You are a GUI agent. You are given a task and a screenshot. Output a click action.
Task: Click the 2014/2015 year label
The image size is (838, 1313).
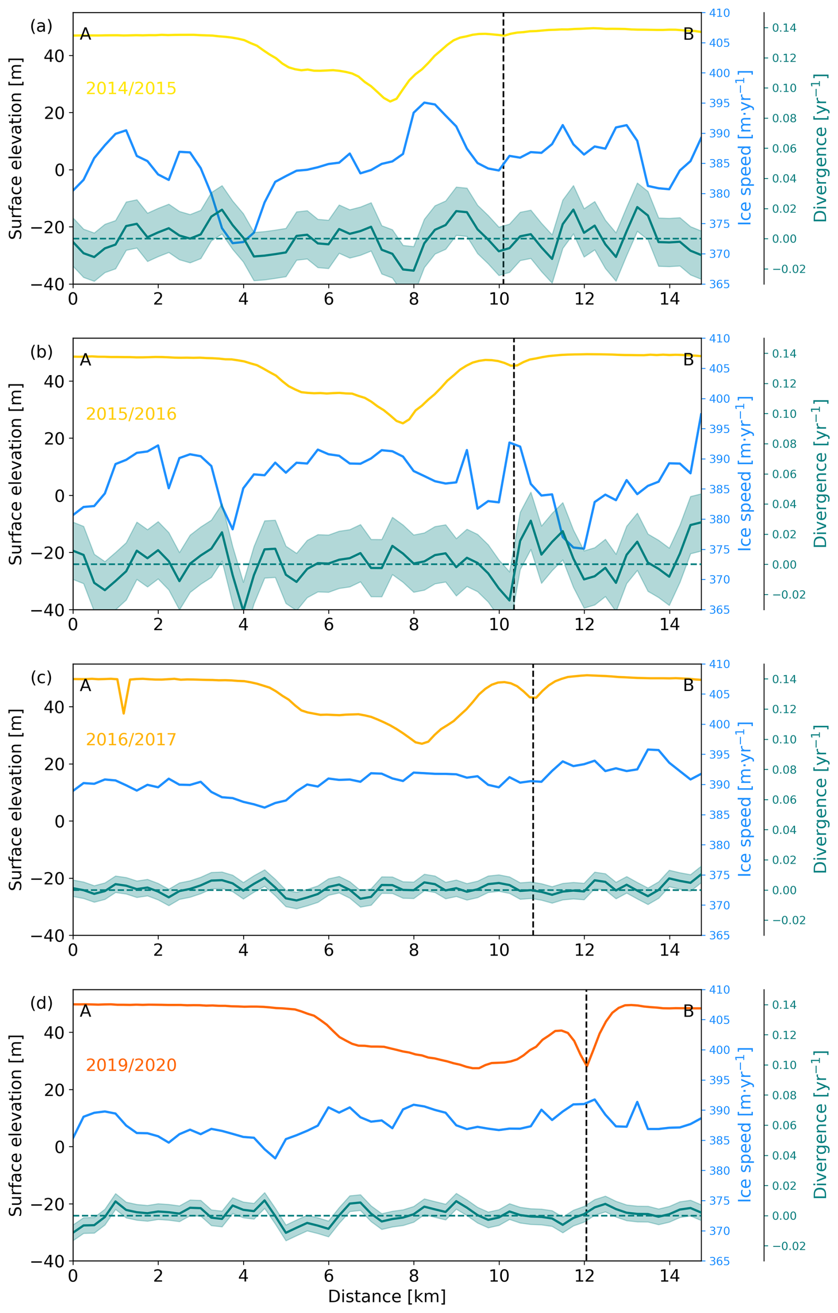click(x=131, y=88)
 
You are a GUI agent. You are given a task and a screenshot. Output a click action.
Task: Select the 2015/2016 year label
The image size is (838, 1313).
click(x=131, y=414)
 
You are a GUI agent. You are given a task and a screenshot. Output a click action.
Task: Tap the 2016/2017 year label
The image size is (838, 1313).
click(x=131, y=740)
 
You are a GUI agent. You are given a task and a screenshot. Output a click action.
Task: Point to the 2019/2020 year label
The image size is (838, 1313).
click(x=131, y=1065)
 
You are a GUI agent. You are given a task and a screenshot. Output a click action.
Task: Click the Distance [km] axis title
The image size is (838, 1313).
click(x=387, y=1296)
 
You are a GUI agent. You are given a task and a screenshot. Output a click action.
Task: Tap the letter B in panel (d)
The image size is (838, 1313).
click(x=688, y=1011)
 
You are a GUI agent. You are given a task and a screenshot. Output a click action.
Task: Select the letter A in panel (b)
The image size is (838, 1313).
click(x=85, y=360)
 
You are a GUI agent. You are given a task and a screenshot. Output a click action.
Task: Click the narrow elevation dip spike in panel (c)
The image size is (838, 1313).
click(x=124, y=713)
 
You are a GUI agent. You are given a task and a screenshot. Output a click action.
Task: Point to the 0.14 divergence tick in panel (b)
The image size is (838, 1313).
click(x=784, y=354)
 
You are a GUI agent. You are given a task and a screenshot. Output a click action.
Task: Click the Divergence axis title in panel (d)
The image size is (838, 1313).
click(x=819, y=1125)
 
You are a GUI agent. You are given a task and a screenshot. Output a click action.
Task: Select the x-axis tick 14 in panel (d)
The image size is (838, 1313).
click(x=670, y=1276)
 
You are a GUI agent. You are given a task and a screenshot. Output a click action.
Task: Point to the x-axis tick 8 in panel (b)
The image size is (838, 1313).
click(x=414, y=625)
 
